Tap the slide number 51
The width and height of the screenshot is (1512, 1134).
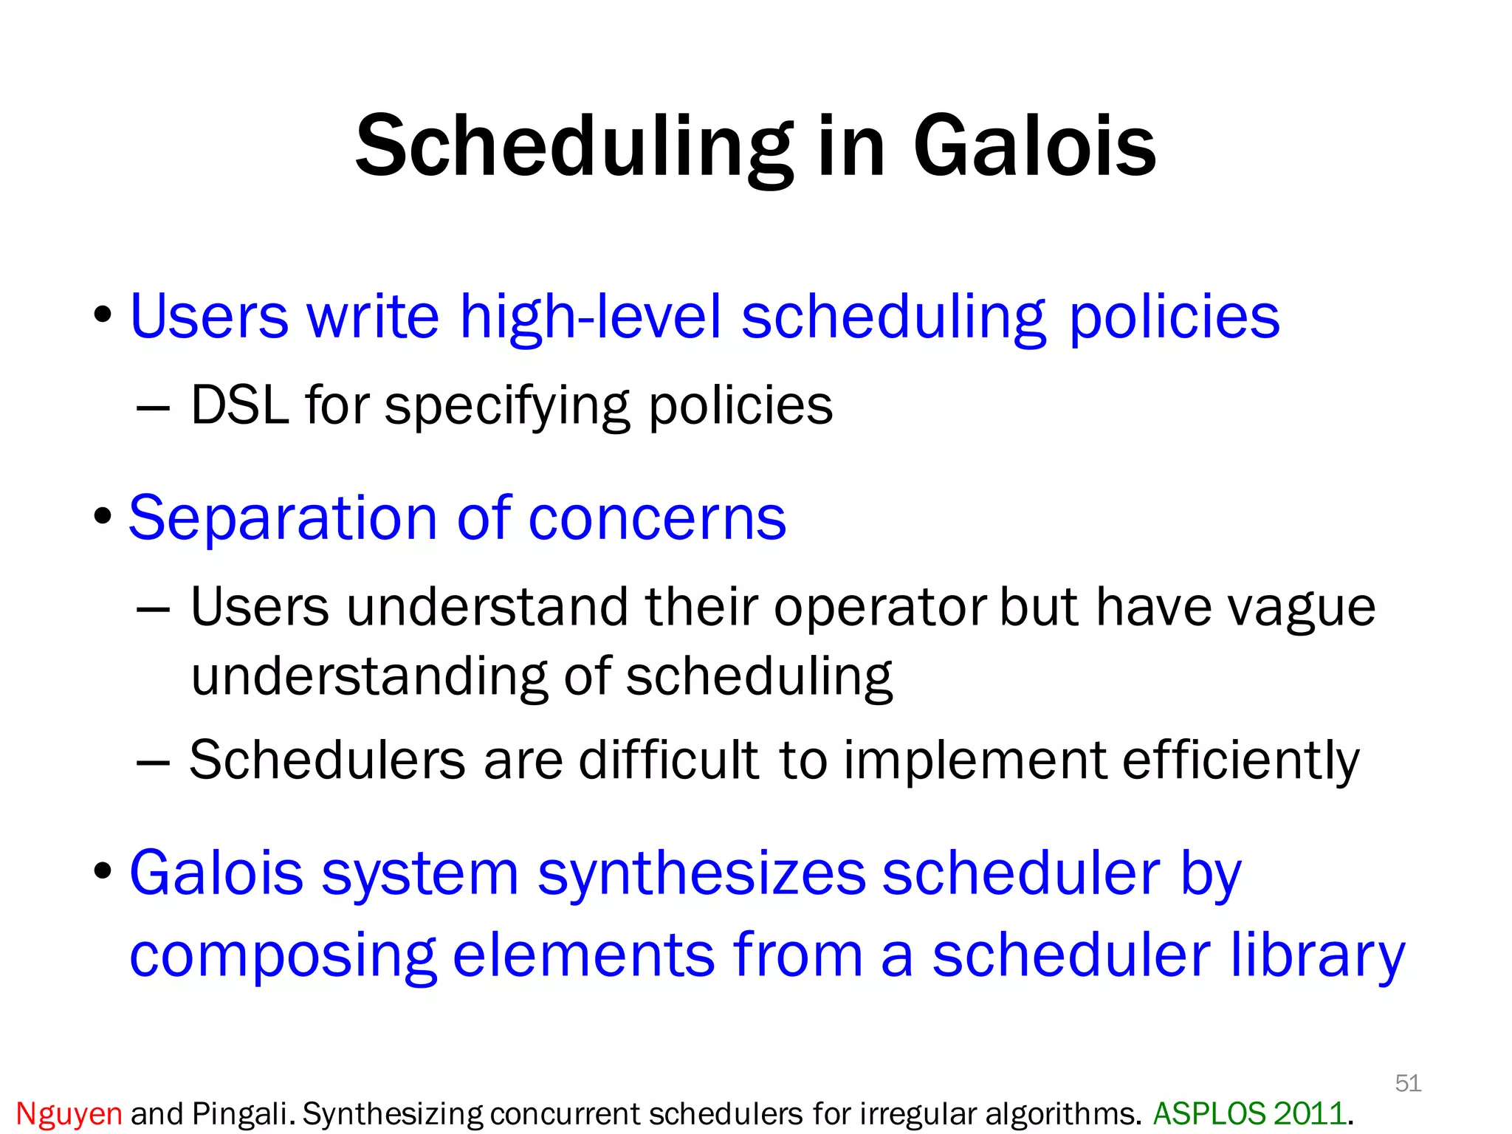pos(1408,1083)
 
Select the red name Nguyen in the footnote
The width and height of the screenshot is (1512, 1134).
pos(69,1113)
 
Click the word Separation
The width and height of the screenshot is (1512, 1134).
pos(283,518)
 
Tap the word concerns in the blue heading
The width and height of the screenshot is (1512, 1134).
pos(657,518)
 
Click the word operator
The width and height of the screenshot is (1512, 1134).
pos(880,608)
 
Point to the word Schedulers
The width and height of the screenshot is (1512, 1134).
pos(327,760)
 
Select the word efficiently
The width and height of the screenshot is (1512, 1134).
pos(1240,760)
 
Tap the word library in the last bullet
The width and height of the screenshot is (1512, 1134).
pos(1316,955)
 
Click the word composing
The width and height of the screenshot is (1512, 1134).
pos(283,955)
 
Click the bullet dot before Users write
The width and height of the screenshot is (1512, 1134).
pos(103,316)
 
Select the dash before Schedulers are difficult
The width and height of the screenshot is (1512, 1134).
pos(154,761)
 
